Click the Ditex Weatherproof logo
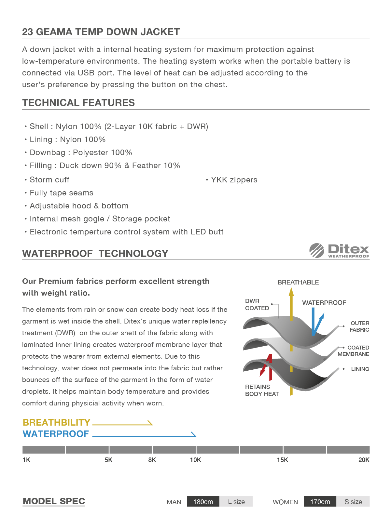[x=339, y=251]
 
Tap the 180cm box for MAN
[x=203, y=502]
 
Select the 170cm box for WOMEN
[x=320, y=502]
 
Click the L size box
[x=236, y=502]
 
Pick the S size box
[x=353, y=502]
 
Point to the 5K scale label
[x=108, y=460]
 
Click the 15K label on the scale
[x=282, y=460]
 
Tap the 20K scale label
[x=364, y=460]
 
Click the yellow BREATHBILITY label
[x=56, y=422]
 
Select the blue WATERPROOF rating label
[x=56, y=434]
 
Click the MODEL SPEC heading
[x=54, y=501]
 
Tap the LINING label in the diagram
[x=360, y=369]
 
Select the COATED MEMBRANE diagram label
[x=354, y=351]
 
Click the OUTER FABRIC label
[x=359, y=326]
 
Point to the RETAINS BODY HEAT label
[x=262, y=390]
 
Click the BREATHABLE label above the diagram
[x=298, y=282]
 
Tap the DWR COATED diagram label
[x=257, y=305]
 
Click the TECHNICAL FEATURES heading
[x=78, y=103]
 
